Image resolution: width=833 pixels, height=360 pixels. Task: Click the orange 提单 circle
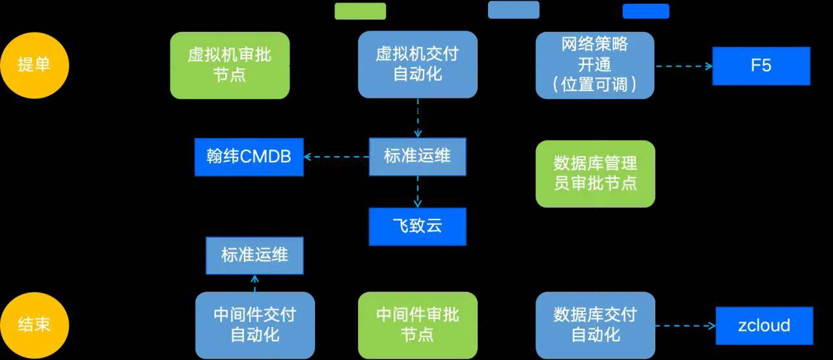34,65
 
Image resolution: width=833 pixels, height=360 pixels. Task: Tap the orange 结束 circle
34,325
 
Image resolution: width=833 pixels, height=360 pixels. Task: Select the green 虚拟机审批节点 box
230,65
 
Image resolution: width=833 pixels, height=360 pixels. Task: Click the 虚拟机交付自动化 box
418,64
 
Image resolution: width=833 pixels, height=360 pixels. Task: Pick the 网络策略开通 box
595,65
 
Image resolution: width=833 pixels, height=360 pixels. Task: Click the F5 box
761,66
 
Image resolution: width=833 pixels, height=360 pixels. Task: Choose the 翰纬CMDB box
249,157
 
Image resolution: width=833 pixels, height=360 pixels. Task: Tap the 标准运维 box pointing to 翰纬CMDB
418,156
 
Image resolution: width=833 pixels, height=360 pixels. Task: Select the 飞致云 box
418,227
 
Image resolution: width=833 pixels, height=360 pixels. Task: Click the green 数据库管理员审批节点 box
595,174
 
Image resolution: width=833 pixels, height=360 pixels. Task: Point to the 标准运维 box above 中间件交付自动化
254,255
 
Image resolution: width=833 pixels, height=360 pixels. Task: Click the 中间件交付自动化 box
255,325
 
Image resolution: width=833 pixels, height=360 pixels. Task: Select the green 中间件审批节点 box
418,325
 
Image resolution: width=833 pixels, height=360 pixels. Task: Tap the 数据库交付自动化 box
595,325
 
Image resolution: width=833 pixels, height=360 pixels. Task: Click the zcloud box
764,325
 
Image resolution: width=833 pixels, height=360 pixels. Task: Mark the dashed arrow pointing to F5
683,66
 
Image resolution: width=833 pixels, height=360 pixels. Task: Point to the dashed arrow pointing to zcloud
685,325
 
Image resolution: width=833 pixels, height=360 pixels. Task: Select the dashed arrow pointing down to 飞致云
418,191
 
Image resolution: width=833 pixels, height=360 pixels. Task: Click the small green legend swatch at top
360,11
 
